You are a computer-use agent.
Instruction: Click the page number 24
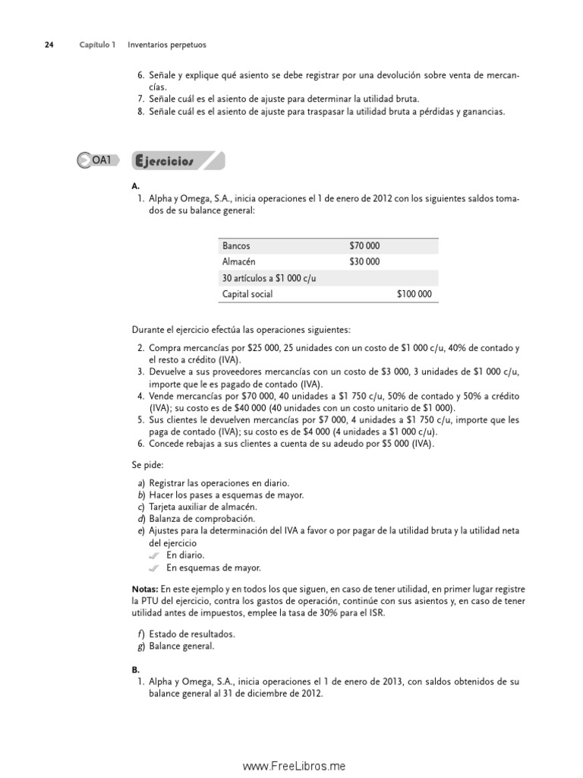pyautogui.click(x=49, y=45)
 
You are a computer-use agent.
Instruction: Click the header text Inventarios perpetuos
pyautogui.click(x=166, y=45)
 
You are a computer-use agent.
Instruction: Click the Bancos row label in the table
pyautogui.click(x=236, y=246)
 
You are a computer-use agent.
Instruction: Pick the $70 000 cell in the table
pyautogui.click(x=364, y=246)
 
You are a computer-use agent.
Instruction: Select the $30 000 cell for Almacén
pyautogui.click(x=364, y=262)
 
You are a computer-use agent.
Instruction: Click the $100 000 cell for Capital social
pyautogui.click(x=414, y=294)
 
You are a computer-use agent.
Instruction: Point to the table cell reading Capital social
pyautogui.click(x=247, y=294)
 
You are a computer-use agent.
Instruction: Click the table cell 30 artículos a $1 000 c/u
pyautogui.click(x=269, y=278)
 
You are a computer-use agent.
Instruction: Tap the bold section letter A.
pyautogui.click(x=135, y=185)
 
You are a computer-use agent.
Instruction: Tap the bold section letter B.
pyautogui.click(x=135, y=670)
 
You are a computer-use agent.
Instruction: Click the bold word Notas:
pyautogui.click(x=145, y=589)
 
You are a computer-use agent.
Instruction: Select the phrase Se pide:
pyautogui.click(x=147, y=463)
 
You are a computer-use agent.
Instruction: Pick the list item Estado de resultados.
pyautogui.click(x=191, y=634)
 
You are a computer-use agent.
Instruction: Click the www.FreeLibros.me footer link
pyautogui.click(x=294, y=767)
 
